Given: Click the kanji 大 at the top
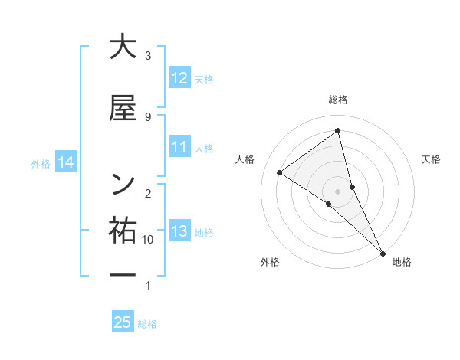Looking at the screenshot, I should [123, 47].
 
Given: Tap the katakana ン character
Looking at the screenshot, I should [123, 184].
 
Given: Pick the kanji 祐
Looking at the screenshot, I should [123, 230].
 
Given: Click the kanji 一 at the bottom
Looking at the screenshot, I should [123, 274].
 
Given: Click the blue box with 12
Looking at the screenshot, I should [179, 78].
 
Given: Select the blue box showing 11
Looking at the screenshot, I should [179, 148].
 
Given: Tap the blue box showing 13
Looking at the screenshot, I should [179, 231].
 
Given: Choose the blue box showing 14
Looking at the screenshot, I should [66, 162].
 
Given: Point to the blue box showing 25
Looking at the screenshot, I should [123, 322].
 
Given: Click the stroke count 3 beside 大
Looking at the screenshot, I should [148, 56].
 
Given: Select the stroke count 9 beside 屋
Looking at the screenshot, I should [148, 116].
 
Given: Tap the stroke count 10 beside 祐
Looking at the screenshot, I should [148, 240].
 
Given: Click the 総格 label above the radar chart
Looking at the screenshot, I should [338, 100].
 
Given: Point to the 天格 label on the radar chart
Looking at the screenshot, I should [431, 159].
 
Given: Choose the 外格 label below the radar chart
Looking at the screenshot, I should [270, 262].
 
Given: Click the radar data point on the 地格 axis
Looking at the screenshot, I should [383, 252].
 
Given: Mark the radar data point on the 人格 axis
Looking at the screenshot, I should [280, 172].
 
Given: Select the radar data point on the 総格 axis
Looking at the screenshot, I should [338, 131].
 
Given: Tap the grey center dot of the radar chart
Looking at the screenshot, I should [338, 191].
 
